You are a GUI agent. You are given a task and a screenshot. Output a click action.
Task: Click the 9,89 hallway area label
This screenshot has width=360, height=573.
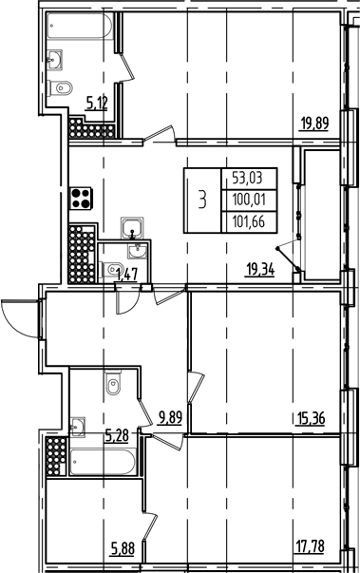click(x=172, y=416)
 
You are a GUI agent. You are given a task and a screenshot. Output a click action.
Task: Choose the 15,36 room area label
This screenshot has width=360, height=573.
click(x=313, y=415)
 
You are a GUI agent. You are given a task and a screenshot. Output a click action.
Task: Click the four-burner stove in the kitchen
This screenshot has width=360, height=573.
click(x=81, y=201)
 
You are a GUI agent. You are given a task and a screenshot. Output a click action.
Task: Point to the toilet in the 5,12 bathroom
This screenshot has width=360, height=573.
click(x=64, y=88)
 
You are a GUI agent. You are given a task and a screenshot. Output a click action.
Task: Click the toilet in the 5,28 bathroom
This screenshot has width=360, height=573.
click(x=113, y=387)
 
